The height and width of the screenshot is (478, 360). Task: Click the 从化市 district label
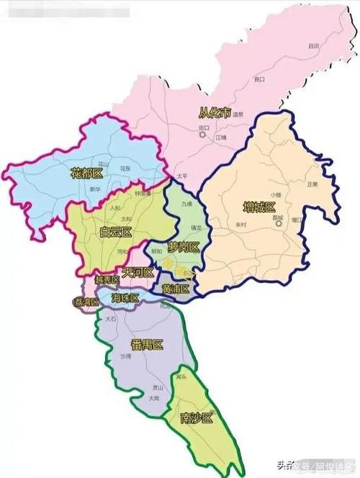(216, 112)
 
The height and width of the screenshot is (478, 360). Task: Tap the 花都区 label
(87, 174)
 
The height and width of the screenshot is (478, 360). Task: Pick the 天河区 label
(138, 273)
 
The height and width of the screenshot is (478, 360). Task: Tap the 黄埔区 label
(175, 289)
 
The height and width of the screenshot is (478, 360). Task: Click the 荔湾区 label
(86, 302)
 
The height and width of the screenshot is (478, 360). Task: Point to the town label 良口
(260, 79)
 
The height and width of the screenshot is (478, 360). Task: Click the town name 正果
(312, 184)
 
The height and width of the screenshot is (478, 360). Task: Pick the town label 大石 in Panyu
(110, 317)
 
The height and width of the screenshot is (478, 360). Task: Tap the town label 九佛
(187, 204)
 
